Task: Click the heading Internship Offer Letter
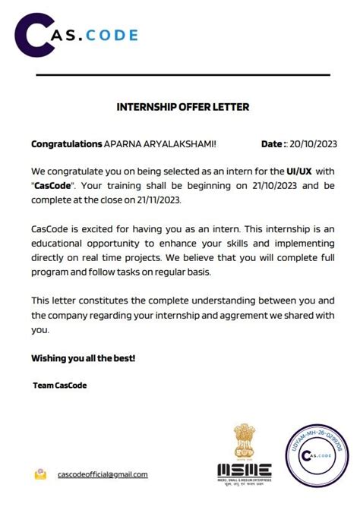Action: pos(182,107)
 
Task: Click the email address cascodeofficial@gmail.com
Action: pos(103,474)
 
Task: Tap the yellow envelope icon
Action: pos(40,474)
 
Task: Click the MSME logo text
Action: pos(244,470)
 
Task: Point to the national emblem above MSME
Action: pos(244,441)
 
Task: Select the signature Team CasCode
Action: pos(60,386)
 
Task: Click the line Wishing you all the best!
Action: pos(83,357)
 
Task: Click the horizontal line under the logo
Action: pos(183,74)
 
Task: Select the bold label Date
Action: pos(273,143)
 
